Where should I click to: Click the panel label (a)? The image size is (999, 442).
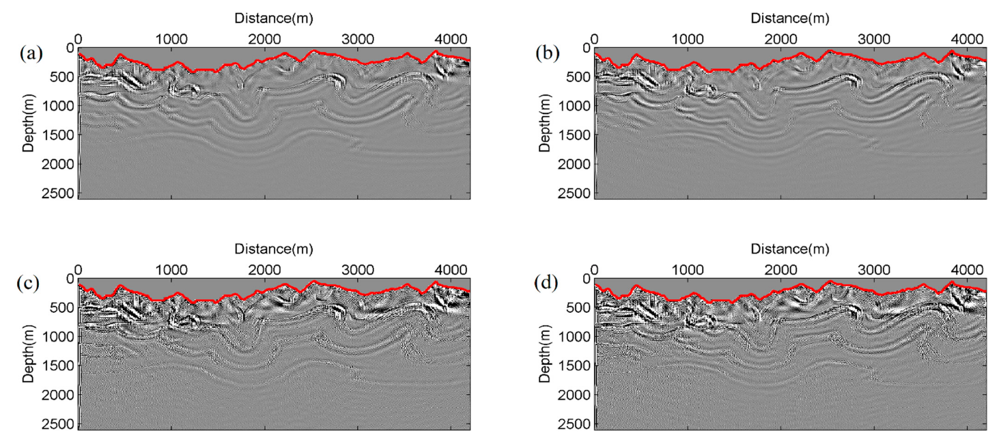pos(28,52)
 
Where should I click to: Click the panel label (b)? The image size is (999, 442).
pos(544,52)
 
